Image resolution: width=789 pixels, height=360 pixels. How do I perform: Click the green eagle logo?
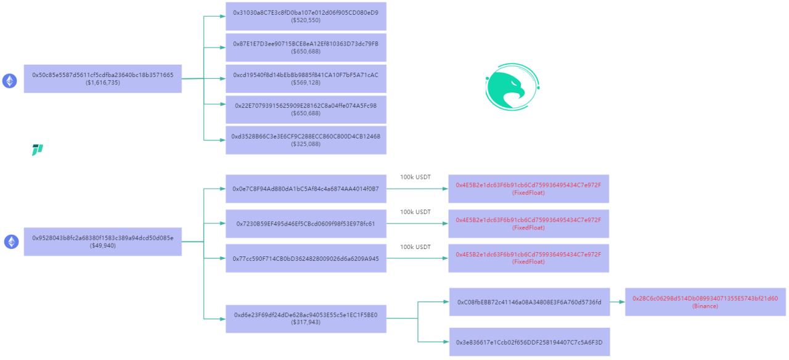pyautogui.click(x=512, y=87)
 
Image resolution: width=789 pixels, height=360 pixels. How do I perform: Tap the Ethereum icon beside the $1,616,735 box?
pyautogui.click(x=9, y=81)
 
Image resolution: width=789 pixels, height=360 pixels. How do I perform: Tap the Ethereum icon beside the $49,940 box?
pyautogui.click(x=11, y=242)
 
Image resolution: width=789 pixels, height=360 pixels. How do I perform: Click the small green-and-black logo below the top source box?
pyautogui.click(x=38, y=150)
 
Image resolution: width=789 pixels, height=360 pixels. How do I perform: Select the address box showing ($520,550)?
pyautogui.click(x=306, y=16)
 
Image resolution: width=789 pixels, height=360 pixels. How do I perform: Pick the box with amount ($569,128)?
pyautogui.click(x=306, y=78)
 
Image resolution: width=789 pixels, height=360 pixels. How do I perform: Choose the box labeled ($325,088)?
pyautogui.click(x=306, y=140)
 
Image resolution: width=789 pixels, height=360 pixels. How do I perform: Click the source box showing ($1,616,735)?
pyautogui.click(x=103, y=78)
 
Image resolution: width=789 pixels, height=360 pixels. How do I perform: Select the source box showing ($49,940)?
pyautogui.click(x=103, y=242)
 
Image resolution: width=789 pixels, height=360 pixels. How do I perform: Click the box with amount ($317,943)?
pyautogui.click(x=306, y=319)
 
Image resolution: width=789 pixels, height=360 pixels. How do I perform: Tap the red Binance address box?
pyautogui.click(x=705, y=302)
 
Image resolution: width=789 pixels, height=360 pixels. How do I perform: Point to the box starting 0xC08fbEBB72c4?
pyautogui.click(x=529, y=302)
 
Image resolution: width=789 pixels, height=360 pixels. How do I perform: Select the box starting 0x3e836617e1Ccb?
pyautogui.click(x=529, y=342)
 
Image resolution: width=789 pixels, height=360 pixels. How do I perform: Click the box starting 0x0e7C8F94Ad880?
pyautogui.click(x=306, y=189)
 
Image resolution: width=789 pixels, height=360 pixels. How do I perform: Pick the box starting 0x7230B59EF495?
pyautogui.click(x=306, y=224)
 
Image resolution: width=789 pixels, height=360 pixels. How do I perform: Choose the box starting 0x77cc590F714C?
pyautogui.click(x=306, y=258)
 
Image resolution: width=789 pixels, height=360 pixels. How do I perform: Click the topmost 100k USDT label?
pyautogui.click(x=415, y=177)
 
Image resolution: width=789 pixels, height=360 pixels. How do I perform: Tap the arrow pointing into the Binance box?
pyautogui.click(x=618, y=302)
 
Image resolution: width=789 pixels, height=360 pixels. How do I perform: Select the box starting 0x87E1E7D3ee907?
pyautogui.click(x=306, y=47)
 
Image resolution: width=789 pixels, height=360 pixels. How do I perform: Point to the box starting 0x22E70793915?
pyautogui.click(x=306, y=110)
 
